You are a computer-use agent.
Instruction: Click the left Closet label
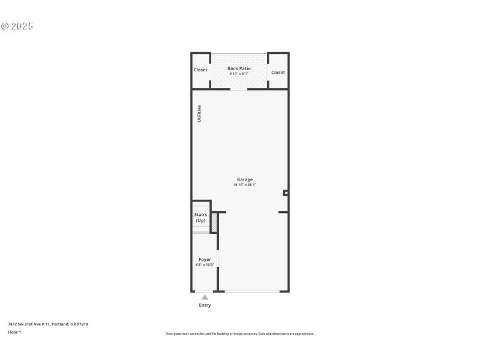200,70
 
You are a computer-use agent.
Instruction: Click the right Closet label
278,73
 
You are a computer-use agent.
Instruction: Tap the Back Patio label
239,68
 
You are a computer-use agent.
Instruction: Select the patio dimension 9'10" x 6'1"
239,74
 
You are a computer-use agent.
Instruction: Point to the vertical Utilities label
199,114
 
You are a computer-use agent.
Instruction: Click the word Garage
244,179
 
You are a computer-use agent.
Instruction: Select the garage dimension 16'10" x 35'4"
244,185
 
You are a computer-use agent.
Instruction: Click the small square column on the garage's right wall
286,193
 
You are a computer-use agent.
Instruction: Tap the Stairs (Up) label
200,217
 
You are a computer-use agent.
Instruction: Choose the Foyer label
205,259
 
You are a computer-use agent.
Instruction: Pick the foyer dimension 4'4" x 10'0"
205,265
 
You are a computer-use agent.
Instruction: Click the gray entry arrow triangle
205,297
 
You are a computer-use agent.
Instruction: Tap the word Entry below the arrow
205,305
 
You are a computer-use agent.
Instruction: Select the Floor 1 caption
14,332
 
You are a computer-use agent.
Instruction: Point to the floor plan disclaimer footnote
239,334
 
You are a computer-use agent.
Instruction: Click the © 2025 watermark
17,26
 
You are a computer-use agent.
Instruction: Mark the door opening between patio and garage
239,89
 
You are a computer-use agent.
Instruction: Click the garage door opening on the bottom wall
251,292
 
